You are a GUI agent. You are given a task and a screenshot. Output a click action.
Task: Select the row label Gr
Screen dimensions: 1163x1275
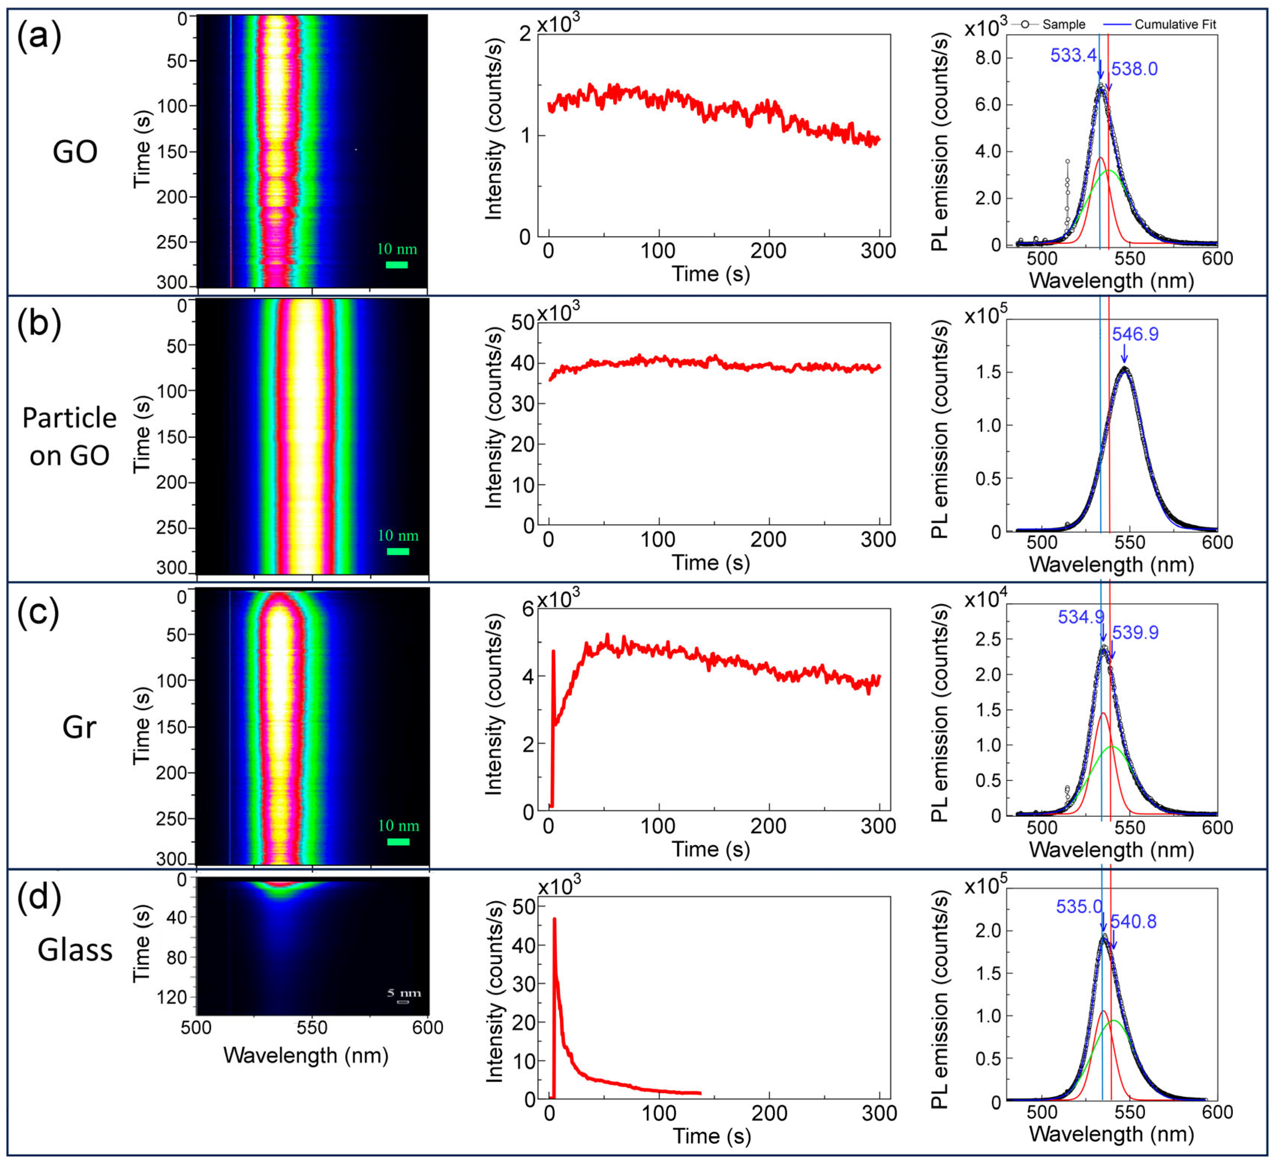[79, 727]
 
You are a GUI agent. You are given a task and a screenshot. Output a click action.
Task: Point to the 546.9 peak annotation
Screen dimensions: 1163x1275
[1135, 334]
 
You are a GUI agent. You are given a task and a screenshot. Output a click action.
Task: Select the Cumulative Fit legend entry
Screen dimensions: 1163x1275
[1174, 24]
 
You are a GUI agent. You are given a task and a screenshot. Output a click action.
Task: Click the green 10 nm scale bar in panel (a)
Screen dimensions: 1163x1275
[396, 265]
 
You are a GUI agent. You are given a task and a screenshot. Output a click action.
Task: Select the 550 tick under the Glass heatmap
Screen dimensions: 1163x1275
[312, 1027]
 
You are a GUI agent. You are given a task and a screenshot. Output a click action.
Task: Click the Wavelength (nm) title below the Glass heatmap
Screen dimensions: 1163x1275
[306, 1055]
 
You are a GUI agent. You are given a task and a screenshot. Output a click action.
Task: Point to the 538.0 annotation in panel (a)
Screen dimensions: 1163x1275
[1135, 69]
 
